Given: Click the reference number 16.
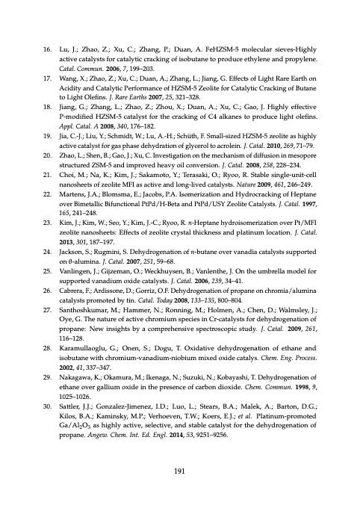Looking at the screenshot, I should [41, 46].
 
